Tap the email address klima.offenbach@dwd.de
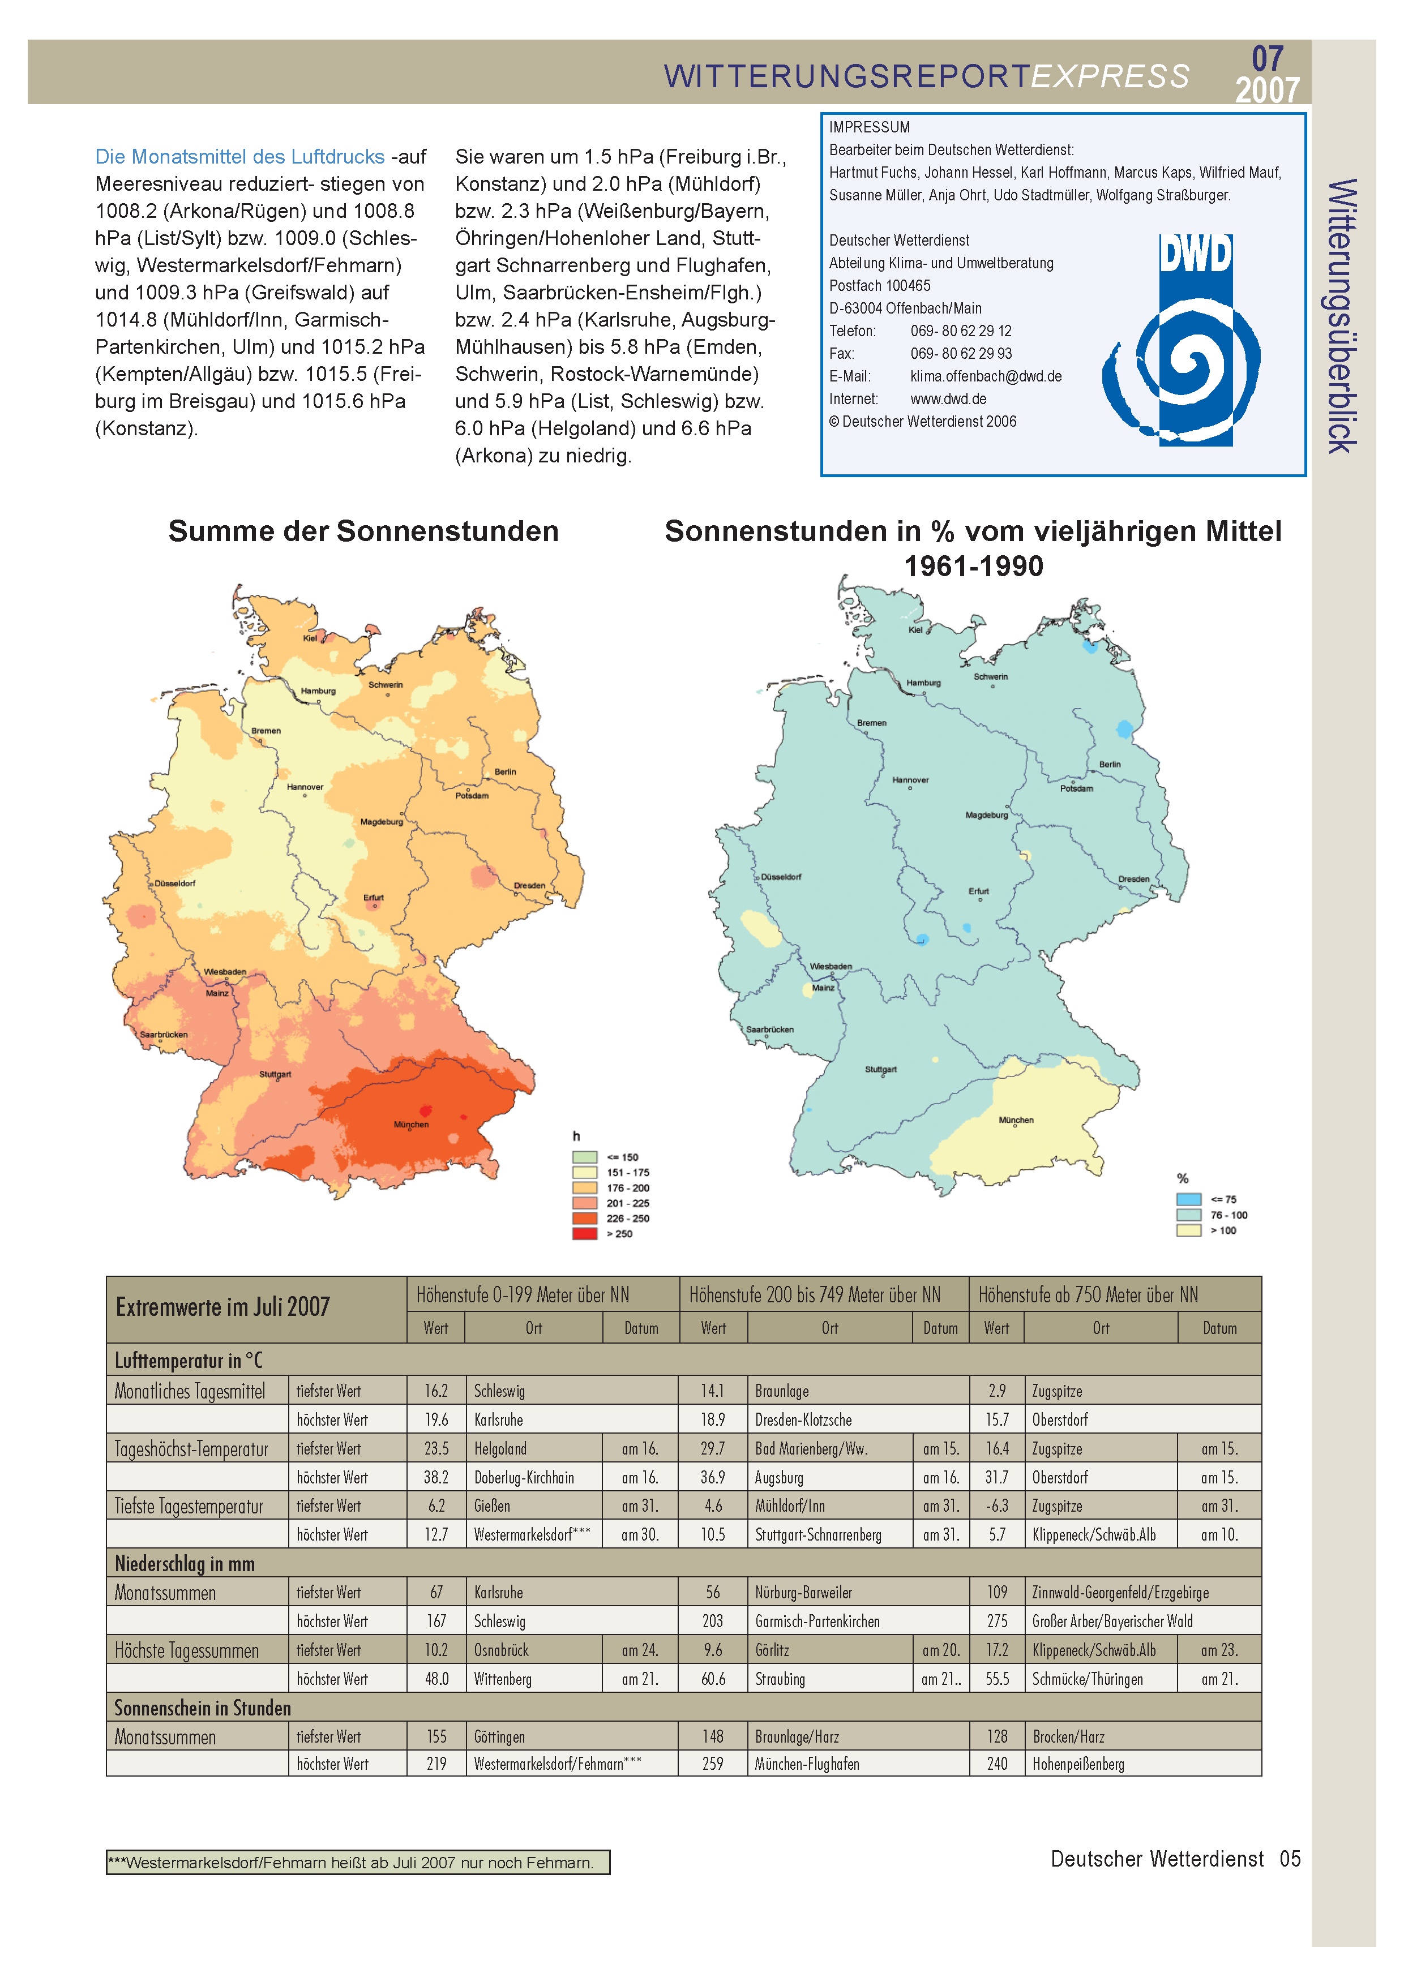click(x=985, y=376)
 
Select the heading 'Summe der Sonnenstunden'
click(x=363, y=531)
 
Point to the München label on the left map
click(x=411, y=1125)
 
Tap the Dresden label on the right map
click(x=1133, y=880)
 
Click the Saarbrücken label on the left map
click(x=164, y=1035)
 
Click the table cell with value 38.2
click(x=436, y=1477)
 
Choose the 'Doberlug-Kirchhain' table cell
click(x=524, y=1477)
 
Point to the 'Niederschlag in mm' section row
click(x=185, y=1564)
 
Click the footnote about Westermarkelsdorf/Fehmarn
click(x=358, y=1862)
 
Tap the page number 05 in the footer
click(x=1290, y=1859)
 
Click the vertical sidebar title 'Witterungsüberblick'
click(x=1342, y=316)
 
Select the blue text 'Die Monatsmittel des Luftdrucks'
click(x=239, y=157)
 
